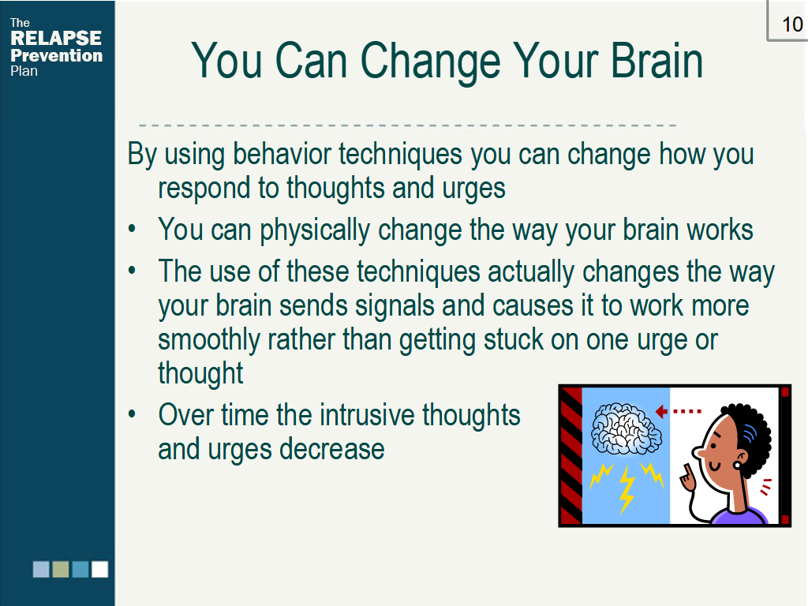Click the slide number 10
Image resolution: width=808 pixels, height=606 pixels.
tap(792, 24)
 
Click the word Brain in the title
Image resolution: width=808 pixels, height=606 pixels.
tap(657, 60)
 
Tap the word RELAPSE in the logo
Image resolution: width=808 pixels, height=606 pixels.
tap(56, 38)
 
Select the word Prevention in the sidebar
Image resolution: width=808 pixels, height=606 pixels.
tap(56, 55)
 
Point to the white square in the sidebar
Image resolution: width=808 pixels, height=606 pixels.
tap(100, 570)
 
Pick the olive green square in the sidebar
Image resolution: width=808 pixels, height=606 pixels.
tap(61, 570)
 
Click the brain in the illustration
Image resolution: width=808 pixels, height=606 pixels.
tap(626, 428)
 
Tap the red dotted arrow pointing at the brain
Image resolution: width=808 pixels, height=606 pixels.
tap(678, 411)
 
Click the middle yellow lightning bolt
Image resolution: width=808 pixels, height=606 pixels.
tap(627, 489)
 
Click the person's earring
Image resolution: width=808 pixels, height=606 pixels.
tap(737, 465)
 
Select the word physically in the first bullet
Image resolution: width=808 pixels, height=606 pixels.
tap(314, 230)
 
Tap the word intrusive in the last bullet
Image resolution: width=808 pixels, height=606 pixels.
tap(366, 415)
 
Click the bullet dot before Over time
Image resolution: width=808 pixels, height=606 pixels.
tap(133, 414)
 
